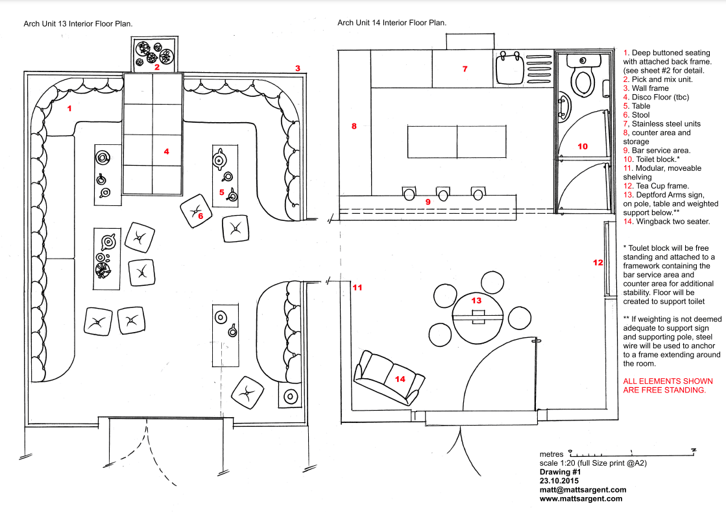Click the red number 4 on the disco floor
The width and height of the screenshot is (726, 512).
tap(167, 151)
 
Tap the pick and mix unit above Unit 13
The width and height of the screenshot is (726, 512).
tap(154, 54)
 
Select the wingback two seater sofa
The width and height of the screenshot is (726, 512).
tap(389, 378)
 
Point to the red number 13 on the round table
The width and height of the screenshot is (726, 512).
tap(476, 301)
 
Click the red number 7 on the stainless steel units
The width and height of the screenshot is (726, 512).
tap(465, 69)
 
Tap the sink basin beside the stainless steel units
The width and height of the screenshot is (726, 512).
tap(509, 68)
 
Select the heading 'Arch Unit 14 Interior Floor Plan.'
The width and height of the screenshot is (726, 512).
tap(392, 22)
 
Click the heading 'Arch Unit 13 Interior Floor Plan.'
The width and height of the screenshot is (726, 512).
tap(78, 23)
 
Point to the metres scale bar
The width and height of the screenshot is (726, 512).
tap(633, 452)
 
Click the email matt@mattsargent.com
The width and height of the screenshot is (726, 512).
tap(583, 490)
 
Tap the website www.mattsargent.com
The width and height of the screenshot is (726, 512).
tap(581, 498)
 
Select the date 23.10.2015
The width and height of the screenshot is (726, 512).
tap(559, 481)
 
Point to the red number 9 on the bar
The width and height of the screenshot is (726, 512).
tap(428, 201)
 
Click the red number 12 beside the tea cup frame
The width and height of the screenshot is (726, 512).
tap(598, 262)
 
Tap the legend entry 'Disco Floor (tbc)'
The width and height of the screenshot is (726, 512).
tap(660, 97)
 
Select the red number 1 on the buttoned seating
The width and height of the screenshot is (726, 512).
tap(69, 109)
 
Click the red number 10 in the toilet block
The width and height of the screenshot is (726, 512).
tap(583, 147)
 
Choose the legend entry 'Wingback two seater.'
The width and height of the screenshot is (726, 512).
tap(673, 222)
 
